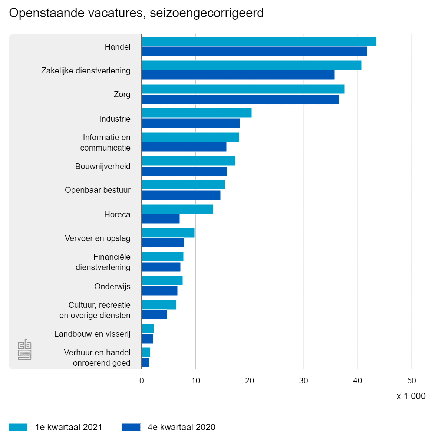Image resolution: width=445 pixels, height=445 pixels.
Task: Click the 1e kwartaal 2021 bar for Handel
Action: tap(259, 42)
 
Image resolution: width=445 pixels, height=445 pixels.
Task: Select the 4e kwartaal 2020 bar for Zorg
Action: tap(240, 99)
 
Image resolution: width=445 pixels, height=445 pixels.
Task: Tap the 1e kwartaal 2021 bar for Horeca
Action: tap(177, 209)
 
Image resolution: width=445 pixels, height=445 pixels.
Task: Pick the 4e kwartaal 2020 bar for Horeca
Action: tap(161, 219)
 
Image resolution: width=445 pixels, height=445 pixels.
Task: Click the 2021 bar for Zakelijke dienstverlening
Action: tap(251, 65)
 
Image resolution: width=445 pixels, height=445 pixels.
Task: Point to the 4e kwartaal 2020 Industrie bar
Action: tap(191, 123)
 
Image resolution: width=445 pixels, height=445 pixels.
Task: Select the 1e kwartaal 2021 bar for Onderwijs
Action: tap(162, 280)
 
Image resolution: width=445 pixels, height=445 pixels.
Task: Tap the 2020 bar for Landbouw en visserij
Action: tap(147, 339)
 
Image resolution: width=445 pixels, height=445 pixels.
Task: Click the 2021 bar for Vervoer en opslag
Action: tap(168, 233)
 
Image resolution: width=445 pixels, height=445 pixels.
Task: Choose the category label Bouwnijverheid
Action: tap(103, 166)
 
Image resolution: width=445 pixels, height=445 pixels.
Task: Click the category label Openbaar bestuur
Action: tap(98, 190)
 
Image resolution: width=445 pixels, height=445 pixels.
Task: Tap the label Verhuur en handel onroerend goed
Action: tap(97, 357)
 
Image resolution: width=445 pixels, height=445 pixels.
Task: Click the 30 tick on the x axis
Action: tap(303, 380)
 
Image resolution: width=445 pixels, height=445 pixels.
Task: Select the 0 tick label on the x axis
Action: tap(142, 380)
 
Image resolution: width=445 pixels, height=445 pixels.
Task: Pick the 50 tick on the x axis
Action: tap(411, 380)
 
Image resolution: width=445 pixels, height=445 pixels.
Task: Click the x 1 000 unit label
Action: tap(411, 396)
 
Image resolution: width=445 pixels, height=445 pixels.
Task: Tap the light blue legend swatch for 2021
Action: tap(18, 427)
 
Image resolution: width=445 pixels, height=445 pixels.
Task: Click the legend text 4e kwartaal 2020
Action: tap(181, 427)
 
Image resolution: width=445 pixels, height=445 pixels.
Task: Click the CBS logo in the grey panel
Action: tap(24, 349)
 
